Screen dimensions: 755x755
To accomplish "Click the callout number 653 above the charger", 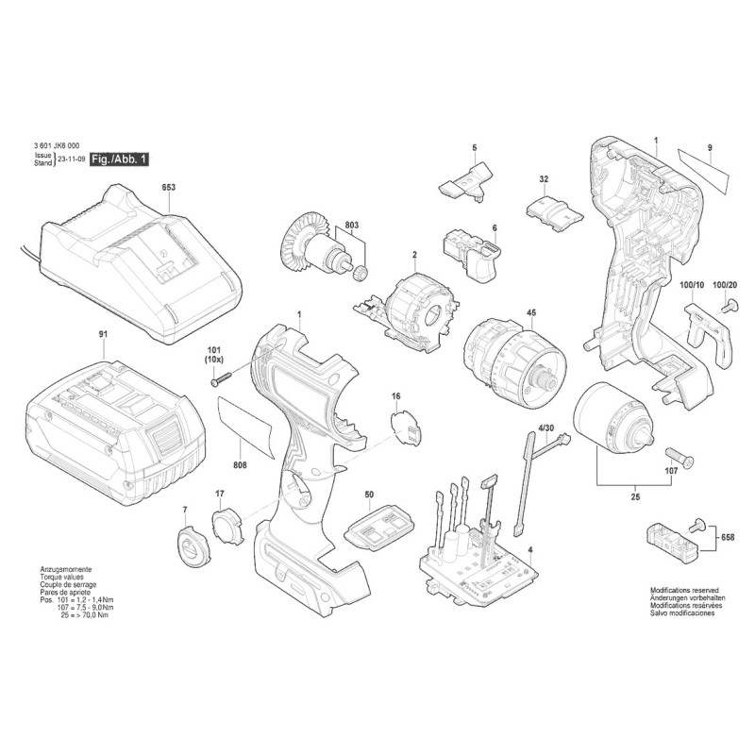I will click(x=168, y=188).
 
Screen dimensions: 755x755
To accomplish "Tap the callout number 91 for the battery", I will click(x=103, y=334).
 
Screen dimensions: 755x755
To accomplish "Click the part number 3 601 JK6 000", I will click(x=55, y=147).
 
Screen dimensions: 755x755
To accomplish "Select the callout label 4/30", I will click(x=545, y=429).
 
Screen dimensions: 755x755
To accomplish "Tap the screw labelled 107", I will click(x=677, y=457).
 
